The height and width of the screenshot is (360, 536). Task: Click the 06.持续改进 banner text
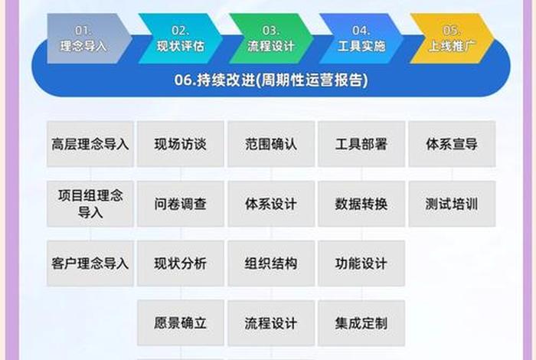click(x=270, y=80)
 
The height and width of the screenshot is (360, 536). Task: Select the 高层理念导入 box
click(x=90, y=144)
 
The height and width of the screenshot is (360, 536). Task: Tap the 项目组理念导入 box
click(x=90, y=204)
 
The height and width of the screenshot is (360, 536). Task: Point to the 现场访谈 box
click(x=181, y=144)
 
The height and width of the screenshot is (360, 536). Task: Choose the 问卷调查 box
click(x=181, y=205)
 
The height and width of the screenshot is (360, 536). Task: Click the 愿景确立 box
click(x=181, y=323)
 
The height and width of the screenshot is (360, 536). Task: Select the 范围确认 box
click(x=271, y=144)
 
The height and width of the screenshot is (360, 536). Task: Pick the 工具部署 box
click(x=361, y=144)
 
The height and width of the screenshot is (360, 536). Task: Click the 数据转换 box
click(x=361, y=205)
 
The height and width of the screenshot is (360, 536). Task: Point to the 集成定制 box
click(x=361, y=323)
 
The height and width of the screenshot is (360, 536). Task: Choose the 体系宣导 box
click(x=452, y=144)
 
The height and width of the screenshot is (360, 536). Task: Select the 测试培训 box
click(x=452, y=205)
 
